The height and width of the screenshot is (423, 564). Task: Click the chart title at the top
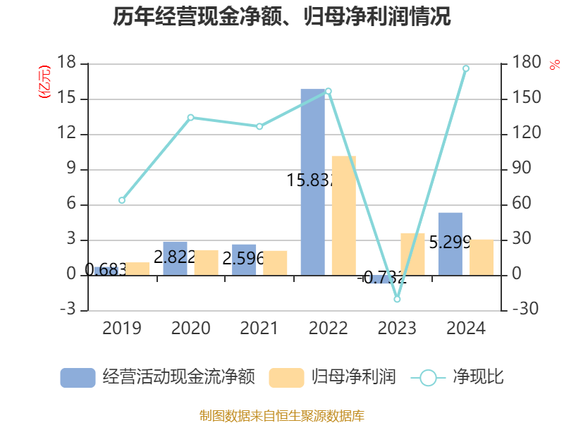pyautogui.click(x=282, y=17)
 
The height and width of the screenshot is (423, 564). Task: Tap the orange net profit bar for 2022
pyautogui.click(x=343, y=215)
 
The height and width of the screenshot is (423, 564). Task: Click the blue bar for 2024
pyautogui.click(x=450, y=243)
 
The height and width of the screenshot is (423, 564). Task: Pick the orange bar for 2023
pyautogui.click(x=412, y=254)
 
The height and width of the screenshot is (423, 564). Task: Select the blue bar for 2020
pyautogui.click(x=175, y=258)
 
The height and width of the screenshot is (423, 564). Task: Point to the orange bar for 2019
pyautogui.click(x=137, y=269)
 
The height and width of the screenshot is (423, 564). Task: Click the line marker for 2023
pyautogui.click(x=397, y=299)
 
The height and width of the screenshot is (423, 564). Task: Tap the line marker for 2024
pyautogui.click(x=466, y=68)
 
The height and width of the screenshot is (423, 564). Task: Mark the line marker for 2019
pyautogui.click(x=122, y=200)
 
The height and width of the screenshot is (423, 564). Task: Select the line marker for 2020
pyautogui.click(x=190, y=117)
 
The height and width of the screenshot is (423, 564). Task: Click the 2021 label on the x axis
pyautogui.click(x=259, y=329)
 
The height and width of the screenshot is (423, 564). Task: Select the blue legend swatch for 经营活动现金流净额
pyautogui.click(x=78, y=377)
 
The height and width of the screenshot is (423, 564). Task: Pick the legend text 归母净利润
pyautogui.click(x=353, y=377)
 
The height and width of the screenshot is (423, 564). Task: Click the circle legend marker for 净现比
pyautogui.click(x=428, y=378)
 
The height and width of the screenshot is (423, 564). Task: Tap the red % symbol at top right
pyautogui.click(x=554, y=66)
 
